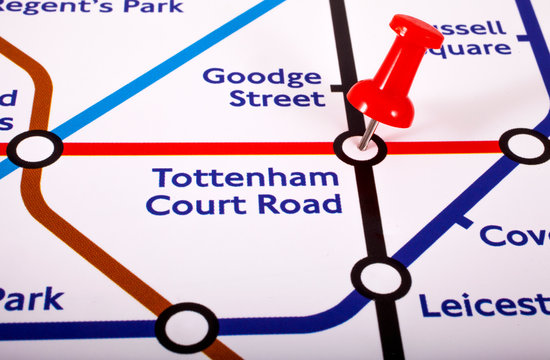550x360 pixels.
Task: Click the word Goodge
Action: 262,76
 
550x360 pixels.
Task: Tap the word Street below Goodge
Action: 277,99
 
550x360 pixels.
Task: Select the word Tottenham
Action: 245,179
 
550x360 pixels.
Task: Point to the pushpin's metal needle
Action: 369,132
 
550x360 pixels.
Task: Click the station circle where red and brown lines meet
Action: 35,149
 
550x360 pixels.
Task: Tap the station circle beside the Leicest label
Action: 380,277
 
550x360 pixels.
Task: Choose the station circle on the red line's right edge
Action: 525,146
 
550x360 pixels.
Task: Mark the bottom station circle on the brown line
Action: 187,326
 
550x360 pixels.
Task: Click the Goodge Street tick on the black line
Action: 338,88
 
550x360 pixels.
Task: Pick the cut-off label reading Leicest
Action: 484,305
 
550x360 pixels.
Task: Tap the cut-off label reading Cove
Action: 514,236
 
